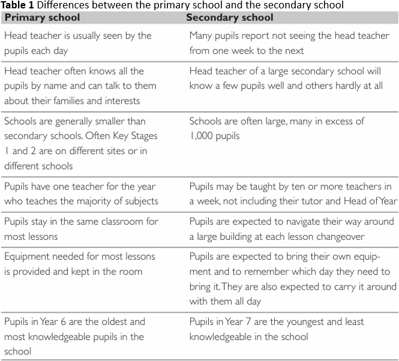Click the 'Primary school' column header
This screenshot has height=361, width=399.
pos(42,17)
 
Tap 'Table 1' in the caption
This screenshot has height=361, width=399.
pos(17,5)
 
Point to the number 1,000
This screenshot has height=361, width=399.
pos(204,136)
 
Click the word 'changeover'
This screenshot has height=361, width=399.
pos(335,236)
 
